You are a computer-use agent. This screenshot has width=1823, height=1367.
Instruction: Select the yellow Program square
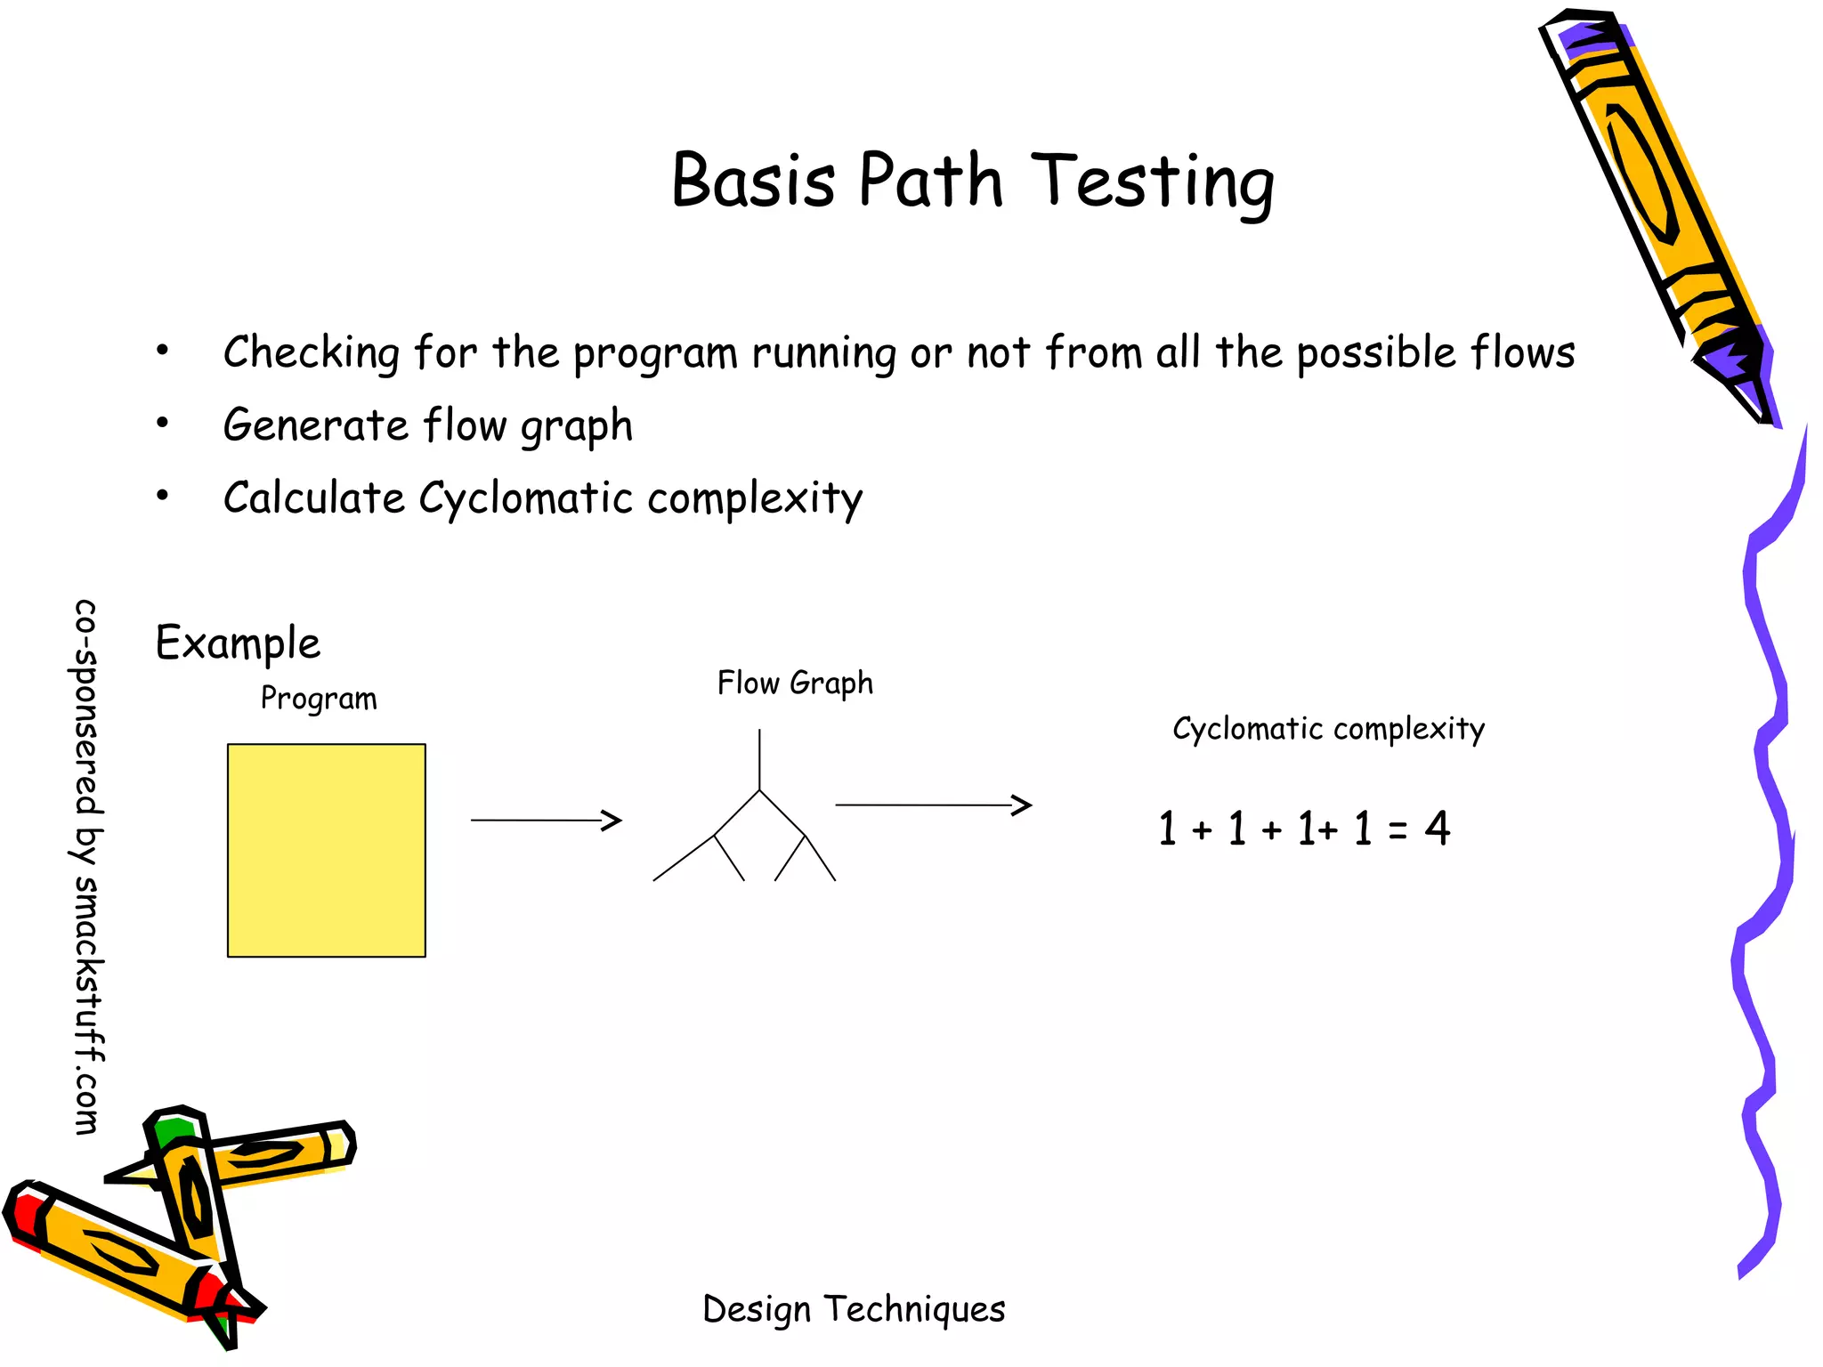pyautogui.click(x=326, y=850)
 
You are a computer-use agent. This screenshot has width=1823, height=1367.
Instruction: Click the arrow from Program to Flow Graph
pyautogui.click(x=545, y=820)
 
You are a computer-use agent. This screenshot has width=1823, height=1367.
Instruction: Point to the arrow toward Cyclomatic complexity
pyautogui.click(x=932, y=805)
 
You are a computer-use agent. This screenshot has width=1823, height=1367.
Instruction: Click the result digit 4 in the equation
pyautogui.click(x=1437, y=828)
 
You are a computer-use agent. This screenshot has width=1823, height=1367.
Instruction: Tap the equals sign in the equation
pyautogui.click(x=1397, y=831)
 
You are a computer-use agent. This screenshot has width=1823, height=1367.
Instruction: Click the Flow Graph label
pyautogui.click(x=795, y=683)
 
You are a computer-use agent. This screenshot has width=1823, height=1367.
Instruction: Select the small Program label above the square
pyautogui.click(x=318, y=699)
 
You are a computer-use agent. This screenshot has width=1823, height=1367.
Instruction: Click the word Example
pyautogui.click(x=238, y=643)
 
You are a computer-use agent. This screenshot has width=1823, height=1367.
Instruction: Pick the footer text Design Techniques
pyautogui.click(x=854, y=1309)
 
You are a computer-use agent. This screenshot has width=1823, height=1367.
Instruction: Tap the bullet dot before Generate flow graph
pyautogui.click(x=162, y=423)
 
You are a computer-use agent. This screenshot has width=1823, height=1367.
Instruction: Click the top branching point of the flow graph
pyautogui.click(x=759, y=790)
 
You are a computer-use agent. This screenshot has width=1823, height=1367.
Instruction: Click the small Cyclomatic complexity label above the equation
pyautogui.click(x=1328, y=729)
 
